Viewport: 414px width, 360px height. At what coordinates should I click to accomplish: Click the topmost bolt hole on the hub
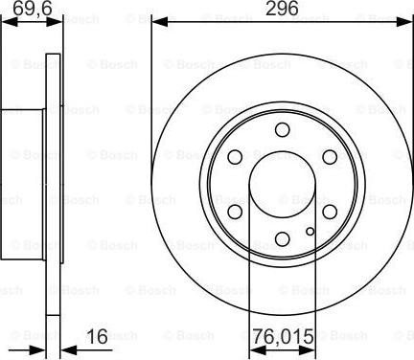[x=282, y=130]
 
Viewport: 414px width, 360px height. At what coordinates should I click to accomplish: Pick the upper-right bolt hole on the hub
[x=329, y=157]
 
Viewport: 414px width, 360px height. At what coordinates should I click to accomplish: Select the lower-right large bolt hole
[x=329, y=211]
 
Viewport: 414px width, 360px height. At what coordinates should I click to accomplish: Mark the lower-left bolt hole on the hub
[x=235, y=211]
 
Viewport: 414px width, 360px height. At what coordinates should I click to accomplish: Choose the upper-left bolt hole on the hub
[x=235, y=157]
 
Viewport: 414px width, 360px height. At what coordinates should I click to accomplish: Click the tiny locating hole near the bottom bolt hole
[x=308, y=230]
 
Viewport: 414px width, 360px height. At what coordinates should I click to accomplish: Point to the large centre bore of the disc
[x=282, y=184]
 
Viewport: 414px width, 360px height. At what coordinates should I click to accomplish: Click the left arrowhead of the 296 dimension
[x=156, y=21]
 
